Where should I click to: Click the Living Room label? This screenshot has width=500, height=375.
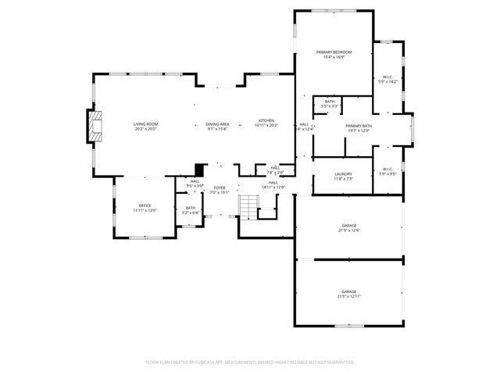(x=145, y=125)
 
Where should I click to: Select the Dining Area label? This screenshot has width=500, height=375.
(x=217, y=125)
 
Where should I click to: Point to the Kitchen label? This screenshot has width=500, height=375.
(x=266, y=123)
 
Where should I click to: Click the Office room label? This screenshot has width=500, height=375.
(x=145, y=208)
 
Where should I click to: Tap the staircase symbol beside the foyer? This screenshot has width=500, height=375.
(x=248, y=206)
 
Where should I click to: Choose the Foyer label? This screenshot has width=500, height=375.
(x=220, y=189)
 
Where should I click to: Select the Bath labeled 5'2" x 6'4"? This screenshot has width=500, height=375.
(x=191, y=209)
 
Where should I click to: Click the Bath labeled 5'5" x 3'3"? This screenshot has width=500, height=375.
(x=330, y=103)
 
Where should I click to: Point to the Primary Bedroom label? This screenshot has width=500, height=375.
(x=334, y=54)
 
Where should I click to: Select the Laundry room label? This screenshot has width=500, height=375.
(x=343, y=176)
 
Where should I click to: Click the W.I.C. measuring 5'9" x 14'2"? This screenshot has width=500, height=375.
(x=387, y=78)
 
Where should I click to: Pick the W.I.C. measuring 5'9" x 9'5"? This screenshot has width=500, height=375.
(x=387, y=172)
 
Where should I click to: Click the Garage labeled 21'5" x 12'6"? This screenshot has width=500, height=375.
(x=348, y=227)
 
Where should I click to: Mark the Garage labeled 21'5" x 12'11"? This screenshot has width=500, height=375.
(x=348, y=293)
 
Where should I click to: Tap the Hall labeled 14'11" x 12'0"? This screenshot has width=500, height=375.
(x=273, y=184)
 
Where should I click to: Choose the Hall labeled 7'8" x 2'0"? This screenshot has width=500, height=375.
(x=275, y=170)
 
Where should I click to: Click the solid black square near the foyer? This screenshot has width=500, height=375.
(x=200, y=169)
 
